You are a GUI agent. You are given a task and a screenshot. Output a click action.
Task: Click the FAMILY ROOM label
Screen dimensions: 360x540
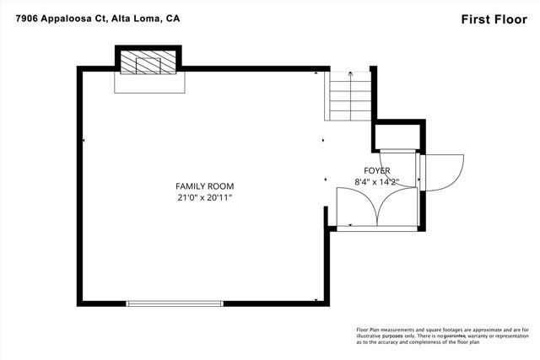(x=204, y=186)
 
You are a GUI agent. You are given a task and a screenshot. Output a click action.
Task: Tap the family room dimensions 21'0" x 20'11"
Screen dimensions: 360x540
(x=204, y=197)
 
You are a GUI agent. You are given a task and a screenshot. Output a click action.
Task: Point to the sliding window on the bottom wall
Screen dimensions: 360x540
(x=175, y=303)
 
